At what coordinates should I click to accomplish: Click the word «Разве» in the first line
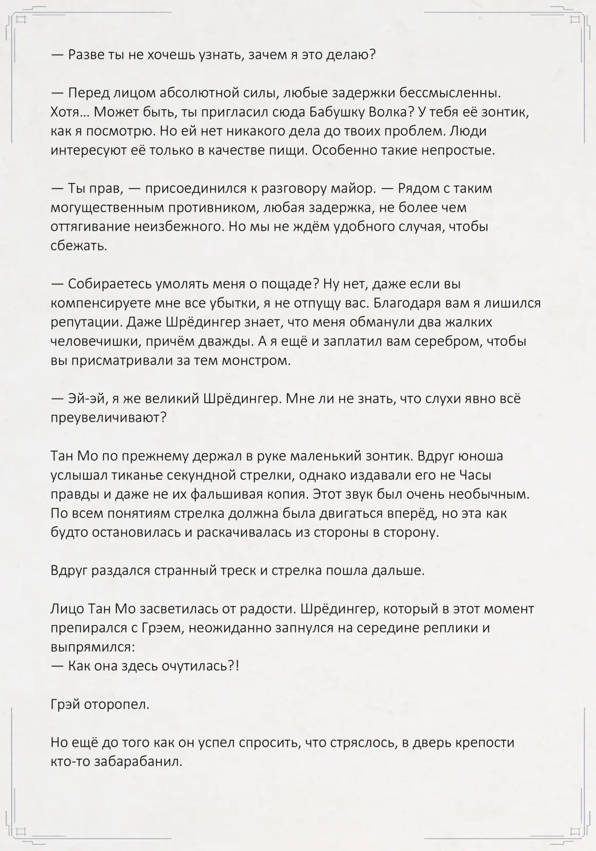tap(86, 54)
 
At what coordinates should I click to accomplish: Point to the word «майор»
tap(355, 188)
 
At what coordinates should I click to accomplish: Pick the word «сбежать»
tap(79, 246)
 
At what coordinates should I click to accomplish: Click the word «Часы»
tap(474, 475)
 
